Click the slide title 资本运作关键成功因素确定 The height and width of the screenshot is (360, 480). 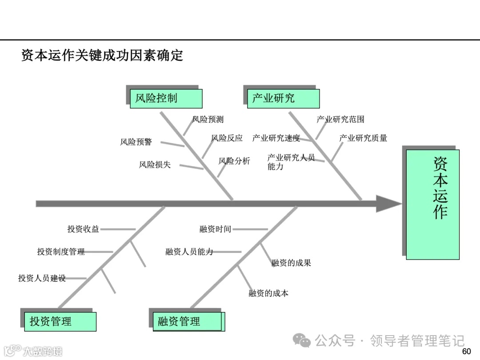coord(102,56)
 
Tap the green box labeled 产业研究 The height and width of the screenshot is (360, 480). coord(283,98)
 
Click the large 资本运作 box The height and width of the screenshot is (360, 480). coord(432,204)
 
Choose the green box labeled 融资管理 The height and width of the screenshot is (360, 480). coord(187,321)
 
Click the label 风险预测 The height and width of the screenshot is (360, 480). coord(208,119)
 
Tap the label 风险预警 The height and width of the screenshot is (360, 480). coord(136,142)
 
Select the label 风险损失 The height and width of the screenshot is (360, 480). coord(155,164)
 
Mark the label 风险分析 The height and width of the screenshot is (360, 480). coord(234,161)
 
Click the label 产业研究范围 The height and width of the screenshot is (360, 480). coord(340,119)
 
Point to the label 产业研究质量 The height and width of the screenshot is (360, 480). coord(363,138)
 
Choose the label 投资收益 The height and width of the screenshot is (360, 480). coord(83,229)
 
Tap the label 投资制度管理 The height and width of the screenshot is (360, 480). coord(61,252)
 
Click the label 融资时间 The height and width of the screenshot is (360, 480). coord(215,229)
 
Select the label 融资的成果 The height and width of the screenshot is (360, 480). coord(291,263)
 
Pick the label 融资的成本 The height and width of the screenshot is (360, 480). coord(268,293)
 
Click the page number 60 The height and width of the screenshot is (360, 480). coord(466,352)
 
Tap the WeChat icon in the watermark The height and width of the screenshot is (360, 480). coord(304,341)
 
